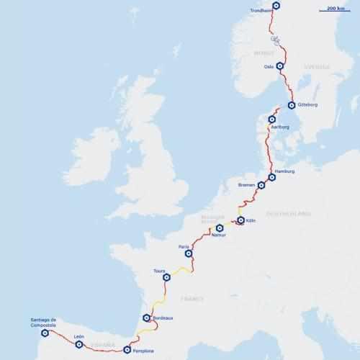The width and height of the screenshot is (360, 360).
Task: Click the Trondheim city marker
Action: (x=276, y=6)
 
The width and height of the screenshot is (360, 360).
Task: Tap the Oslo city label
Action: (x=269, y=66)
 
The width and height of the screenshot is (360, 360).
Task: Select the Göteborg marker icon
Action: (x=292, y=104)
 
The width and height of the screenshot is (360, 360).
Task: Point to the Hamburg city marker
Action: (x=271, y=177)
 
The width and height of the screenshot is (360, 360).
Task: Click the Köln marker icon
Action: (x=240, y=220)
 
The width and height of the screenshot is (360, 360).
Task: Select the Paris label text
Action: (x=184, y=247)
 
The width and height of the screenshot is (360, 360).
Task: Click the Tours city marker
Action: (x=166, y=277)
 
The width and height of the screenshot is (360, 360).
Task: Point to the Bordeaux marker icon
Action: (x=146, y=318)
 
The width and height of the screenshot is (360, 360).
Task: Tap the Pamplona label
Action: (x=143, y=351)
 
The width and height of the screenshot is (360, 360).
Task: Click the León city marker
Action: (x=79, y=344)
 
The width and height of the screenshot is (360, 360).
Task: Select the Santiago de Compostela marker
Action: (x=45, y=333)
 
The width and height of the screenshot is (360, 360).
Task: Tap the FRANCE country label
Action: (x=192, y=298)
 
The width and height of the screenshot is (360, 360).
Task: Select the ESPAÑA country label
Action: (x=102, y=345)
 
